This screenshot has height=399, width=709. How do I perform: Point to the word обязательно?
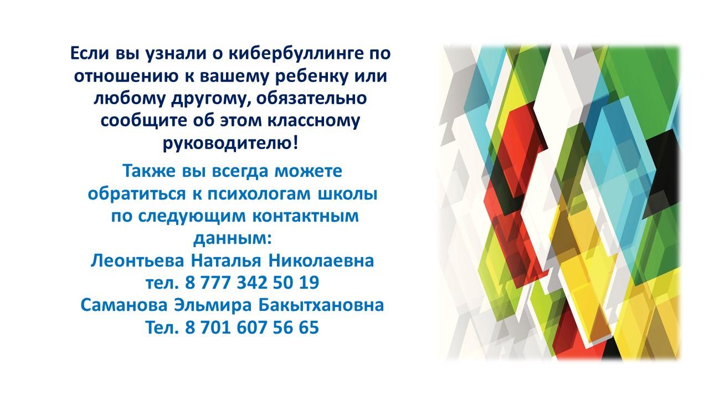[x=311, y=98]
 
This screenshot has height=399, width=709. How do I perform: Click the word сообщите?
[x=144, y=121]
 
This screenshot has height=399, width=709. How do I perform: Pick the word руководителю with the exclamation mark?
[x=230, y=144]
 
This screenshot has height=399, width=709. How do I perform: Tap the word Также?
[x=149, y=171]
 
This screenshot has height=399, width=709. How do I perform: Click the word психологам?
[x=259, y=194]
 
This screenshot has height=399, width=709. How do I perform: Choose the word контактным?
[x=306, y=216]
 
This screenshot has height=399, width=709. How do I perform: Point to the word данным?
[x=233, y=239]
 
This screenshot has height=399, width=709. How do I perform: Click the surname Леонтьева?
[x=137, y=261]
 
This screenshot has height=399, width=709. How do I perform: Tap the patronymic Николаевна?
[x=322, y=261]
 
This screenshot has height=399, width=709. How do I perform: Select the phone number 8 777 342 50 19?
[x=252, y=283]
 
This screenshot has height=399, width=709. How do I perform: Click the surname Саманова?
[x=124, y=305]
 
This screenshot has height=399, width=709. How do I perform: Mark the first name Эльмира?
[x=213, y=305]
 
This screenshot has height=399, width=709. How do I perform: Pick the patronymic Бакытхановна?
[x=321, y=305]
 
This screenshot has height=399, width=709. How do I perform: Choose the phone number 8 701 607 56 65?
[x=252, y=328]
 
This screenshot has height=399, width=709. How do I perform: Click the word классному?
[x=314, y=121]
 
